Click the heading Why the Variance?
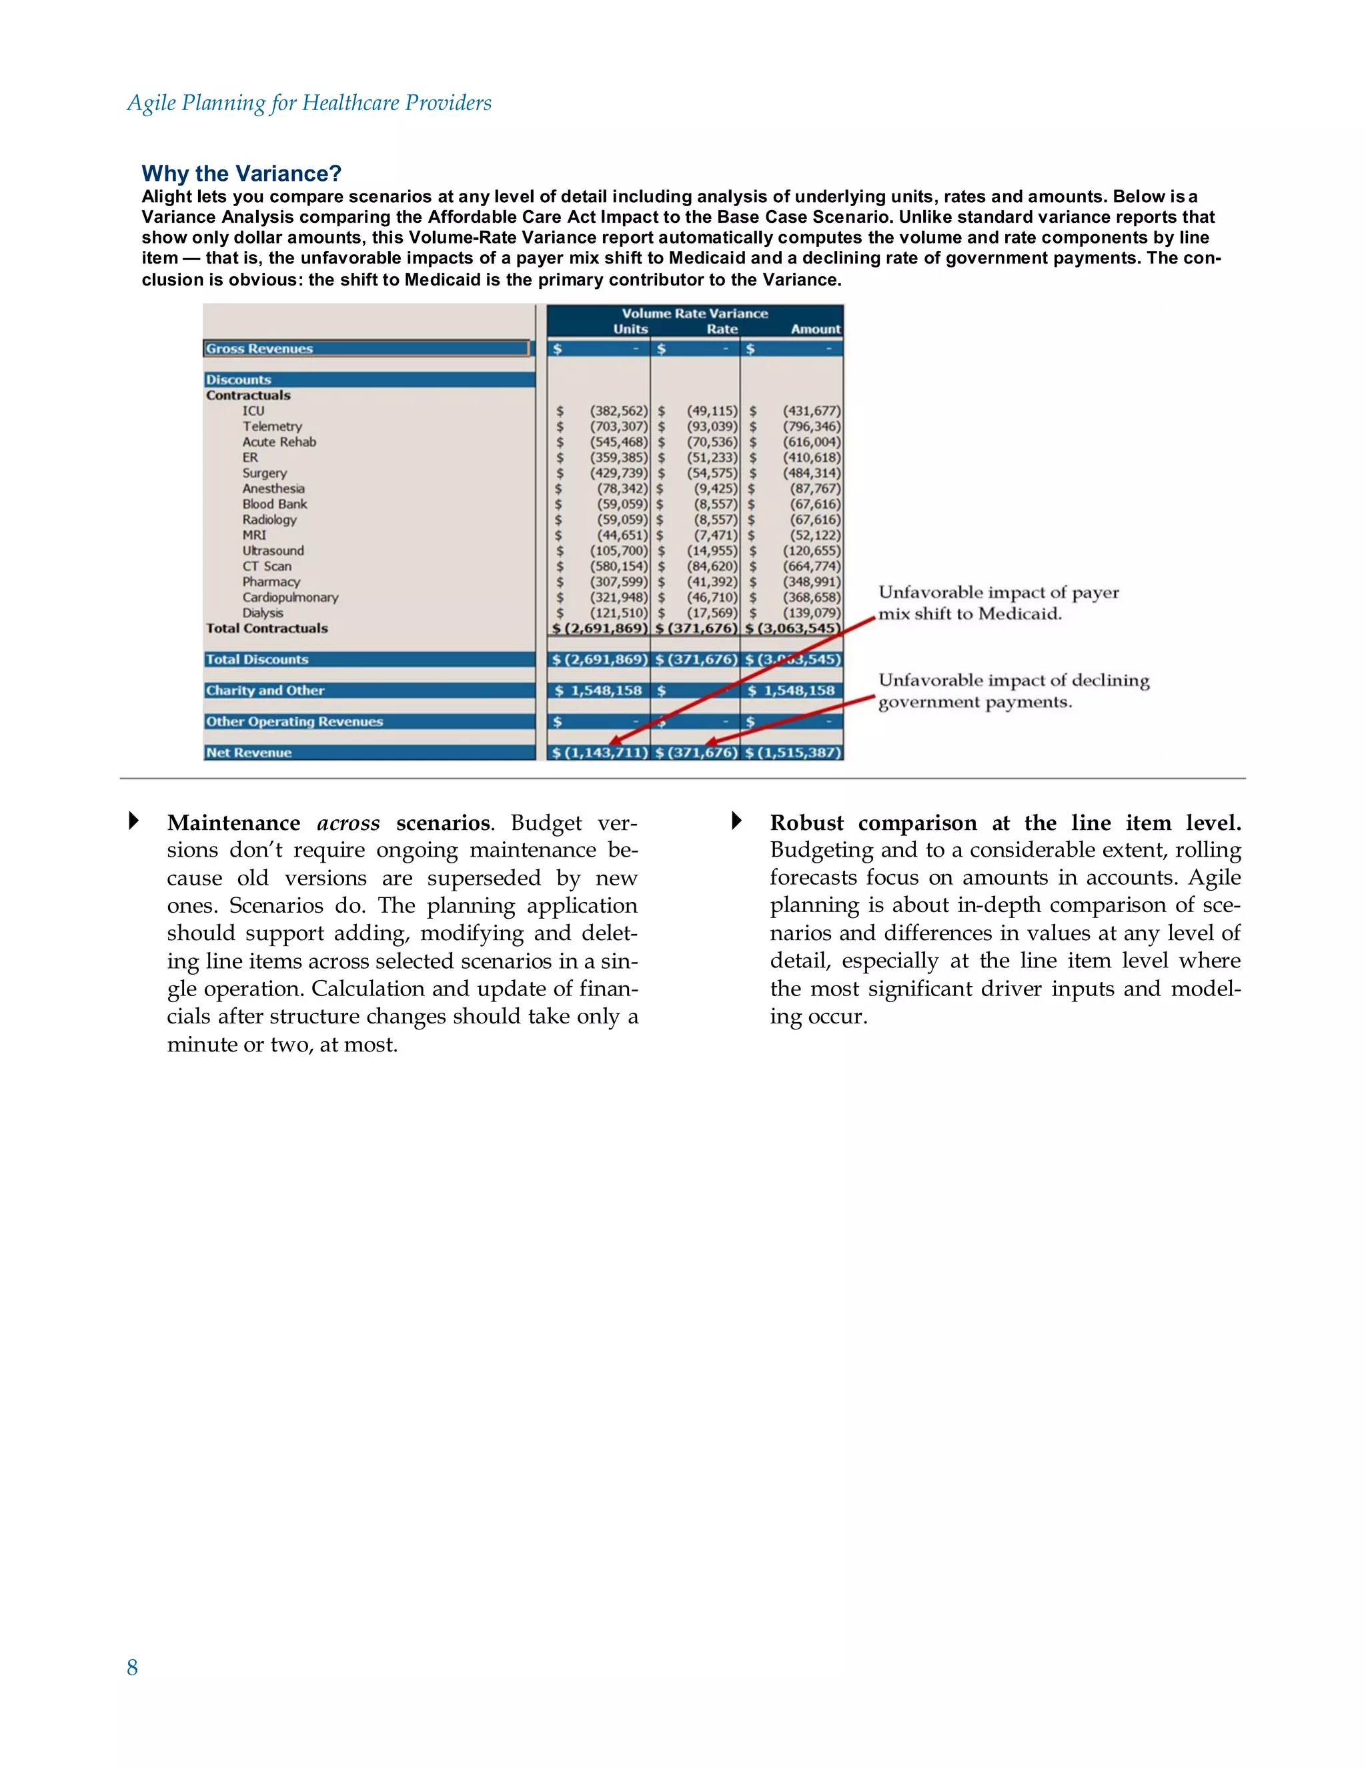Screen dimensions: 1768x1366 pos(241,173)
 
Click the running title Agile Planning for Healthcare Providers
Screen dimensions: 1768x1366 pos(309,103)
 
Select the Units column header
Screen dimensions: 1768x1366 pos(630,329)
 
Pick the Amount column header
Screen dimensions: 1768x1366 pos(815,329)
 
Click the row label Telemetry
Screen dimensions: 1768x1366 pos(272,426)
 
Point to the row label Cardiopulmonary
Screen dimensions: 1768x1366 pos(289,597)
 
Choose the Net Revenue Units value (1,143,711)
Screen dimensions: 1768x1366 pos(600,753)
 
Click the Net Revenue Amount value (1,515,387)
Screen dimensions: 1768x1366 pos(793,753)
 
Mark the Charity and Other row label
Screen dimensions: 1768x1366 pos(265,691)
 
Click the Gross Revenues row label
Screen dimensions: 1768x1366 pos(259,349)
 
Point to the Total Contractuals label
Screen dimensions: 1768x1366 pos(266,628)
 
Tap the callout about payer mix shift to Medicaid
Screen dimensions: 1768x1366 pos(998,603)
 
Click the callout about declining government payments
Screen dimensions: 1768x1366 pos(1013,691)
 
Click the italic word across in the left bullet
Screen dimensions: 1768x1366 pos(348,823)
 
